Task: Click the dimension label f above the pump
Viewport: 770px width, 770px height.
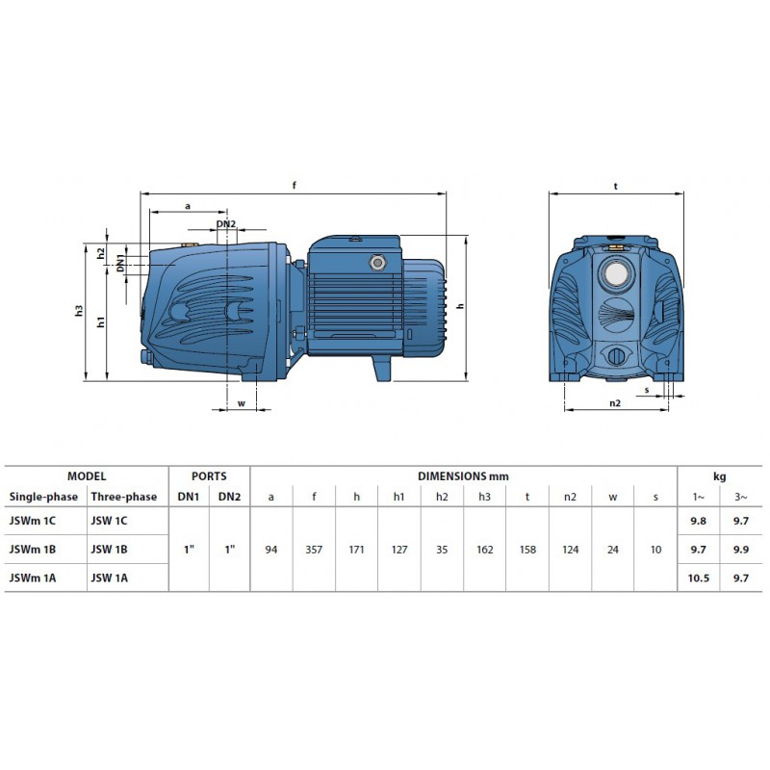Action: click(295, 185)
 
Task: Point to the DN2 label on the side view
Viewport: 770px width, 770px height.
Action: click(226, 224)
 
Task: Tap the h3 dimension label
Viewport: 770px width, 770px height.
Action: click(79, 310)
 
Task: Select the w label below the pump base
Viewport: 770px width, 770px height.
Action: click(242, 403)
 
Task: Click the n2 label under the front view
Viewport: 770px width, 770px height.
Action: click(615, 403)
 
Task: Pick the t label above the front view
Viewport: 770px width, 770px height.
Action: click(615, 186)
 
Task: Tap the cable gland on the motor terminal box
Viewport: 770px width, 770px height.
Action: click(377, 263)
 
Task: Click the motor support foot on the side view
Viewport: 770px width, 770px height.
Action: click(381, 368)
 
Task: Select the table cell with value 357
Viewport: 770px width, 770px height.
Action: click(314, 550)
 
